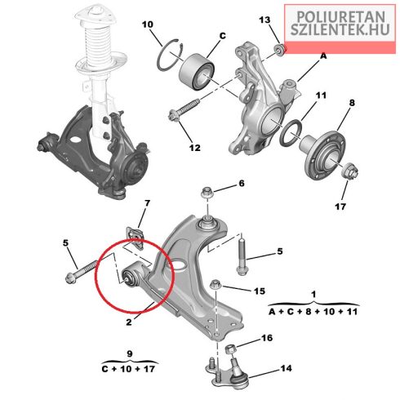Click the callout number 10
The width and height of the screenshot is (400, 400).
tap(148, 24)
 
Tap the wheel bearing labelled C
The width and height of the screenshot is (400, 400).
tap(197, 72)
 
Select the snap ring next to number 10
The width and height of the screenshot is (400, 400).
tap(170, 55)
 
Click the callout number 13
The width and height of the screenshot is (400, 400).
tap(264, 20)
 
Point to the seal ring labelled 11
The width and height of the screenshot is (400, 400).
tap(291, 133)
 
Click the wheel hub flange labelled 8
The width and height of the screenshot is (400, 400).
tap(323, 154)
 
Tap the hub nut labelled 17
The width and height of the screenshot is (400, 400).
tap(350, 171)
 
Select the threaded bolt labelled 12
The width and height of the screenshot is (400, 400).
tap(184, 111)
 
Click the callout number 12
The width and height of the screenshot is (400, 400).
tap(195, 148)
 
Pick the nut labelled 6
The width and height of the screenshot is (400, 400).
tap(207, 193)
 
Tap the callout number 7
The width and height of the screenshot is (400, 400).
tap(146, 203)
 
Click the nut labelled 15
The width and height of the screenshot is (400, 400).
tap(216, 285)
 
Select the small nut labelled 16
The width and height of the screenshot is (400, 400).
tap(231, 349)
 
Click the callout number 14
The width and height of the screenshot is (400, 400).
tap(287, 368)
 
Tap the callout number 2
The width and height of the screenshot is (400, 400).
tap(129, 322)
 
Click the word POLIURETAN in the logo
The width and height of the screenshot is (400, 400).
tap(340, 17)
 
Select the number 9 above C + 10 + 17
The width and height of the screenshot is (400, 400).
tap(130, 353)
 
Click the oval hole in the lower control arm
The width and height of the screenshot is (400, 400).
tap(178, 266)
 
